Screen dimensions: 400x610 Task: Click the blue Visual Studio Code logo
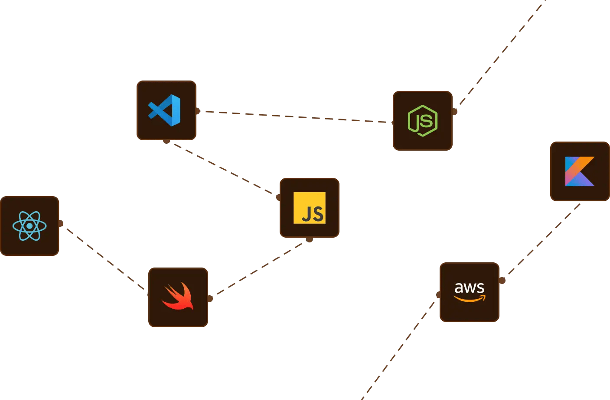165,110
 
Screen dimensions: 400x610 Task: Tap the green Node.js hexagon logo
423,121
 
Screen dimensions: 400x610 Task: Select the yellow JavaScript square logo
310,208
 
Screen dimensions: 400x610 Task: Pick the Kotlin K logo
580,171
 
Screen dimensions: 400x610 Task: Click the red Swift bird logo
178,297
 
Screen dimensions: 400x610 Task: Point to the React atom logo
29,226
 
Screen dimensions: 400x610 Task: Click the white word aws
469,288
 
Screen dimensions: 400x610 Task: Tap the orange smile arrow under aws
470,298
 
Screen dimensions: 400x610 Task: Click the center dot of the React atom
29,226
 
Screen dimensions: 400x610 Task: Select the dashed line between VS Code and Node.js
295,116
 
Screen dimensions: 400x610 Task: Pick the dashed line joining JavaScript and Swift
260,268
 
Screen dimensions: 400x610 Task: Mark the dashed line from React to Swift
104,258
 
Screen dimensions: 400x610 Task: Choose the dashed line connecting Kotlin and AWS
544,239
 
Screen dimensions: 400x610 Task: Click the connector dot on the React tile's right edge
61,223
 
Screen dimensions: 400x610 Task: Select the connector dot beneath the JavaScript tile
309,239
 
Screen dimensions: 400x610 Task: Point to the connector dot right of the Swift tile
210,298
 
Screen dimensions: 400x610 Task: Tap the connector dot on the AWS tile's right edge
502,281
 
